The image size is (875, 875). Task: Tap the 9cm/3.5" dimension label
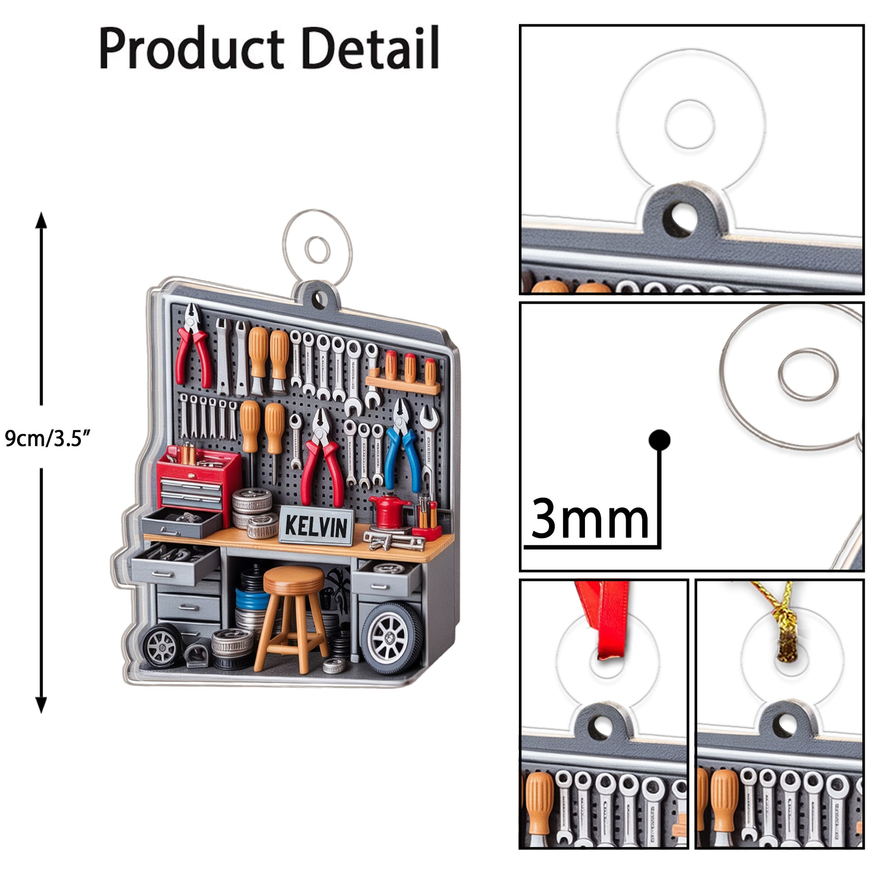48,438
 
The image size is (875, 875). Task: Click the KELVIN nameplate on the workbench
316,525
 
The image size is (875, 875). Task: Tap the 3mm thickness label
589,518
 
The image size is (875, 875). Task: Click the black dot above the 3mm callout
660,440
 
